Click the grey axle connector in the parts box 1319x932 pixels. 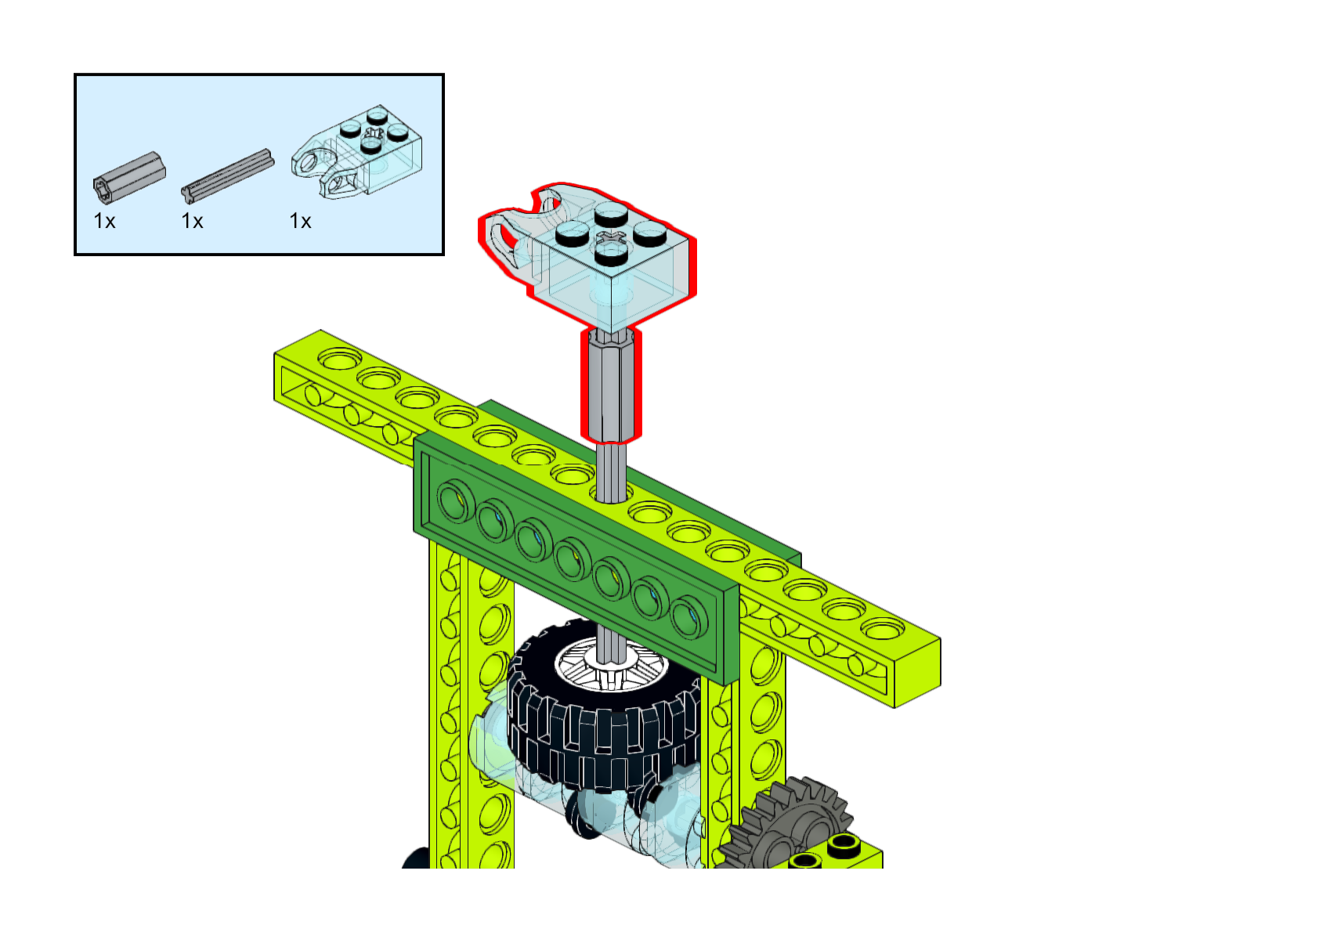pyautogui.click(x=129, y=175)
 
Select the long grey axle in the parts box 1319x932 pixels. pyautogui.click(x=227, y=175)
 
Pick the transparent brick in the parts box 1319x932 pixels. pyautogui.click(x=357, y=151)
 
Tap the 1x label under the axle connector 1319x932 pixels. pyautogui.click(x=104, y=222)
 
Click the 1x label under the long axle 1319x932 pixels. pyautogui.click(x=192, y=222)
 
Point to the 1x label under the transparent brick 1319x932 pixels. pyautogui.click(x=300, y=222)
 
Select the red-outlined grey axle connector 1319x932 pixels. pyautogui.click(x=611, y=385)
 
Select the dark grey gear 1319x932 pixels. pyautogui.click(x=786, y=824)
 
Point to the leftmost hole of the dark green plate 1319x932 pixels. pyautogui.click(x=454, y=500)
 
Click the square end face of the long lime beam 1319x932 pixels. pyautogui.click(x=917, y=672)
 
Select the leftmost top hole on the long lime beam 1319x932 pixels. pyautogui.click(x=340, y=359)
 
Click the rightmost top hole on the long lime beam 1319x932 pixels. pyautogui.click(x=882, y=628)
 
